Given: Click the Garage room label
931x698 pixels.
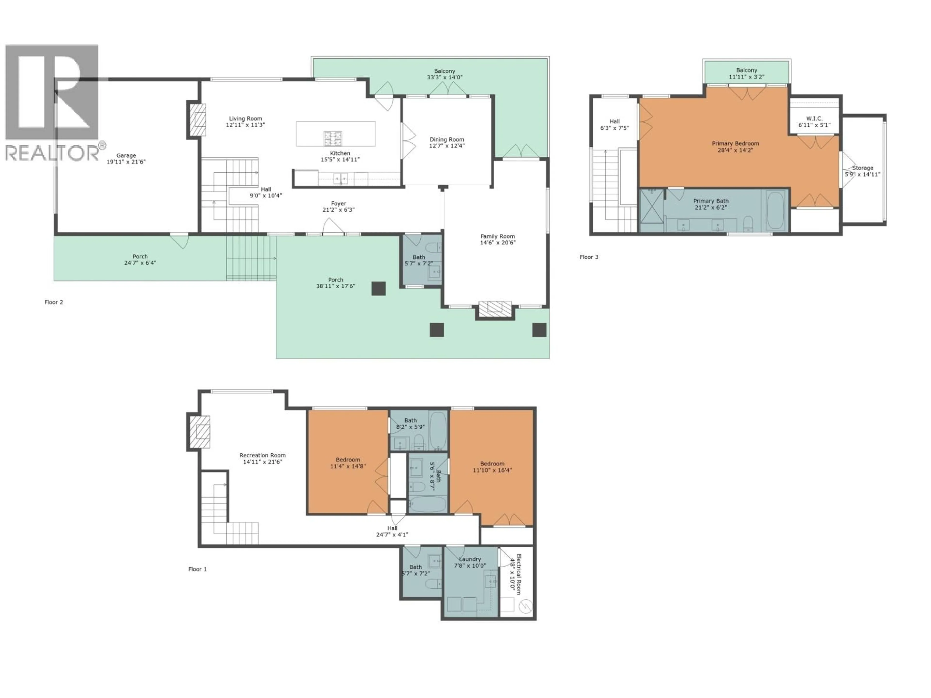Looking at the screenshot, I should (126, 156).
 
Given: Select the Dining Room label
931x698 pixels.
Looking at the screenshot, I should (447, 140).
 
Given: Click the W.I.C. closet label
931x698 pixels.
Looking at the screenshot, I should (814, 119).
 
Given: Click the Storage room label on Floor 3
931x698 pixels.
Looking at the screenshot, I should (862, 168).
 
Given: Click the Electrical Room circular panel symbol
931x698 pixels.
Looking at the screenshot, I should (526, 606).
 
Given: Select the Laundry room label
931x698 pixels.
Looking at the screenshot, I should (470, 559).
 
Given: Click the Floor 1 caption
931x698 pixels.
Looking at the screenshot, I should (197, 569).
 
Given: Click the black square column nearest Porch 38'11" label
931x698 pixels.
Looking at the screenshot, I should (378, 288).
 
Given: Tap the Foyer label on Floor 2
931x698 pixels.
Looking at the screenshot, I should (338, 204).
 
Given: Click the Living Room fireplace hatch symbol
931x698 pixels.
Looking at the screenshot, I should (197, 120).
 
